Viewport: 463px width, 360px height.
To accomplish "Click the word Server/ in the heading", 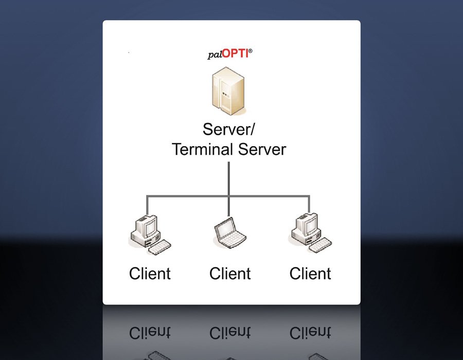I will coord(228,130).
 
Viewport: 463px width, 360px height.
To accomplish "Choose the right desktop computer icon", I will coord(309,234).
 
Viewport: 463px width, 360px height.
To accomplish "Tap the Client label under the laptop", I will coord(229,273).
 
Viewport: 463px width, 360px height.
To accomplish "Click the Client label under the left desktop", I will coord(150,273).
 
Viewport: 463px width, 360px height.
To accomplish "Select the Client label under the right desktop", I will coord(310,273).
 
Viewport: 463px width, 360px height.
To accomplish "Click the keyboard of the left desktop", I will coord(160,246).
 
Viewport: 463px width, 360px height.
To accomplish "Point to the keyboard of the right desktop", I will coord(320,246).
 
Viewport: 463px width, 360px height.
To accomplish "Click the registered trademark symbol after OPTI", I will coord(251,51).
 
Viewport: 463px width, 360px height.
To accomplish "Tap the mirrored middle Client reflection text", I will coord(229,333).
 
